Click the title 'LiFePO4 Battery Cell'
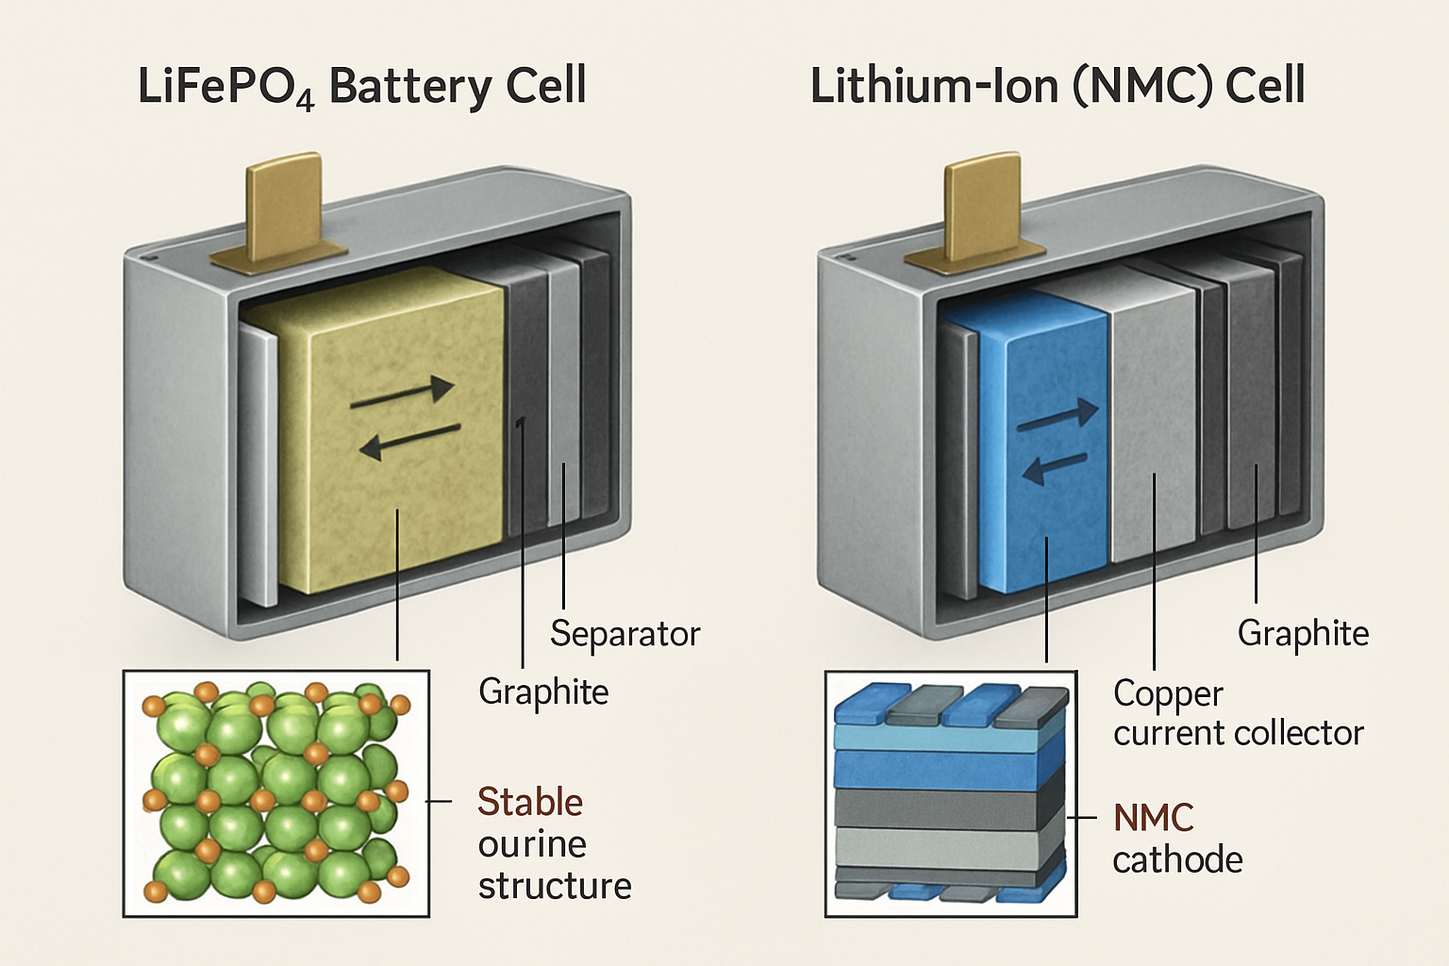(x=362, y=87)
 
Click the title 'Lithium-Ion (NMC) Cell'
(x=1057, y=87)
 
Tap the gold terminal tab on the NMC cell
(x=981, y=209)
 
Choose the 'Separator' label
(x=625, y=634)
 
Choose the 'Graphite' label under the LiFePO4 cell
(x=543, y=692)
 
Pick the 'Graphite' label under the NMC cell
(x=1303, y=634)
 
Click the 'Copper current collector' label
(x=1238, y=713)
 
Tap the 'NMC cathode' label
(x=1176, y=839)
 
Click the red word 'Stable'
(x=530, y=802)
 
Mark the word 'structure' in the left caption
(x=555, y=887)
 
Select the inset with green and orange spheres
(x=276, y=793)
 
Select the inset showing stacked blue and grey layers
(x=951, y=793)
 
